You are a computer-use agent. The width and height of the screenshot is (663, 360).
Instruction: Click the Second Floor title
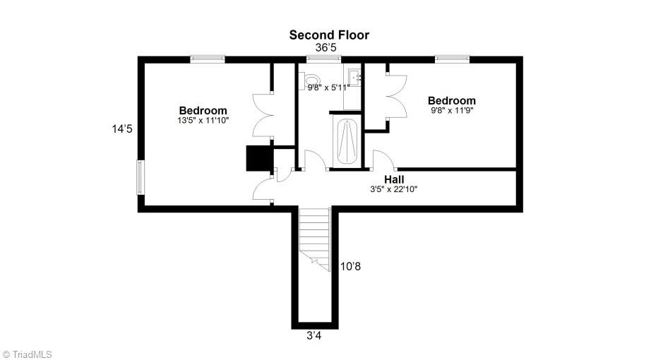pos(329,35)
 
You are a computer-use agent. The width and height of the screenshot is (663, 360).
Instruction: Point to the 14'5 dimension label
pos(122,129)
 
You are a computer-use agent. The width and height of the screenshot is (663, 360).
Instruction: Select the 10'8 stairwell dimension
pos(351,266)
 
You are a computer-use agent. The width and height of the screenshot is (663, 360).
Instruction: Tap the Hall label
pos(394,179)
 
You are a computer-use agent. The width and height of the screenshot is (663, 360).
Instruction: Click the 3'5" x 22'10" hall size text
pos(394,189)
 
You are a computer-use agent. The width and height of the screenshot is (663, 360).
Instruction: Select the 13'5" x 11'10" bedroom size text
pos(203,121)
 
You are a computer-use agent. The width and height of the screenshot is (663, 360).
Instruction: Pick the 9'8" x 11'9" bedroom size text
pos(452,111)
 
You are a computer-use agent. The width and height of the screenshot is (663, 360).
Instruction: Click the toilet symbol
pos(311,83)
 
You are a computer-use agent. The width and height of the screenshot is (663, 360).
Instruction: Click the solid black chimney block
pos(258,158)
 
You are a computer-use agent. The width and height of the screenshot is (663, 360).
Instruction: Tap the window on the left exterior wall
pos(140,177)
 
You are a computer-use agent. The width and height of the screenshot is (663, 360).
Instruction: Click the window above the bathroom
pos(314,59)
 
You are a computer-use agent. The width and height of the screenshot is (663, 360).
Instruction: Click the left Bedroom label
pos(203,110)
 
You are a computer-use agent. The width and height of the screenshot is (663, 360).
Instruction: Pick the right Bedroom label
pos(452,100)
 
